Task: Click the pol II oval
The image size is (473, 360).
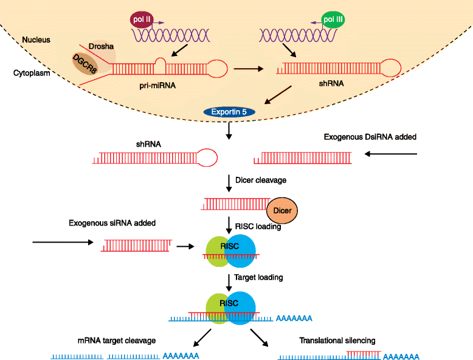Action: pyautogui.click(x=141, y=19)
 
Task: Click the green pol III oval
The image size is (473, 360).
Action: pyautogui.click(x=332, y=19)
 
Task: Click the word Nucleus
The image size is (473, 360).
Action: pyautogui.click(x=36, y=40)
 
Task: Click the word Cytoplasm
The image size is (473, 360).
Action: pyautogui.click(x=33, y=73)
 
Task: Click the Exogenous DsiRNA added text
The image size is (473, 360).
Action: pyautogui.click(x=370, y=137)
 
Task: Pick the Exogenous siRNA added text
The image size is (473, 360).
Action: pyautogui.click(x=112, y=223)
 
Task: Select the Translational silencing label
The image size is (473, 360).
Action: pyautogui.click(x=337, y=341)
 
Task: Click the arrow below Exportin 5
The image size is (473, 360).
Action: pyautogui.click(x=229, y=130)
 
